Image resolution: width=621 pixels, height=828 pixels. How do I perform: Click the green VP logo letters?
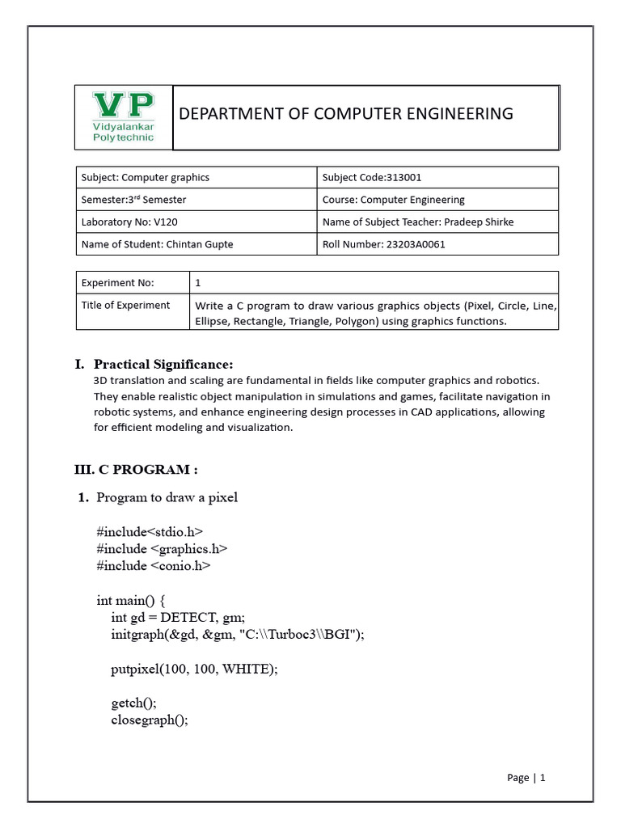click(124, 106)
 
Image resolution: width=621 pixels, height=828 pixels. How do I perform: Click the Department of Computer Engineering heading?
click(345, 114)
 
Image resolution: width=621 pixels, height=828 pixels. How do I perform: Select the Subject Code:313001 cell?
click(371, 178)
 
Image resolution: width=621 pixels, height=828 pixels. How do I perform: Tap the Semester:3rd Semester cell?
click(133, 200)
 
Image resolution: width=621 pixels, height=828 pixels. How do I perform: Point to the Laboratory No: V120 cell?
click(124, 222)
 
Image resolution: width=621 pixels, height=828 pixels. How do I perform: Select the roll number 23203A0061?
click(416, 244)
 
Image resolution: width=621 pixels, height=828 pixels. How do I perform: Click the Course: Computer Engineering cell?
click(393, 200)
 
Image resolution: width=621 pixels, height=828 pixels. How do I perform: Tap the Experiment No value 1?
click(198, 283)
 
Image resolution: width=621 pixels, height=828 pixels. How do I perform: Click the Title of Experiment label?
click(125, 305)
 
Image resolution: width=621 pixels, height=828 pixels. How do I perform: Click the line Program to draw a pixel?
click(167, 497)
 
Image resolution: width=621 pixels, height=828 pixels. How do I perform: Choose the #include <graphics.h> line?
click(162, 548)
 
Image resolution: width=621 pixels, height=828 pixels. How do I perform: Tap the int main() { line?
click(130, 600)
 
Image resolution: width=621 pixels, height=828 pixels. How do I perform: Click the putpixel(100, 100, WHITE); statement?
click(194, 669)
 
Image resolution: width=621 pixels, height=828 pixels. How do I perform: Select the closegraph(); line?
click(149, 720)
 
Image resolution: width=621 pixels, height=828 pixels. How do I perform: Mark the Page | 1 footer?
click(526, 778)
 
